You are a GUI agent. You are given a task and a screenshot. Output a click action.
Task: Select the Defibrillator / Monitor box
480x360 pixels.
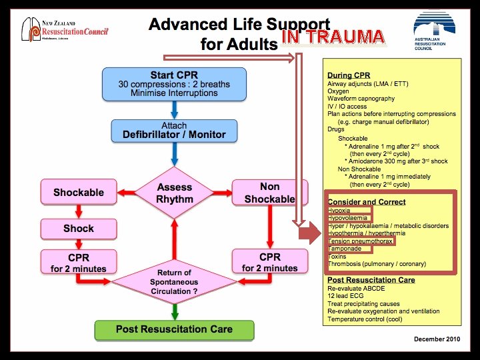tap(174, 130)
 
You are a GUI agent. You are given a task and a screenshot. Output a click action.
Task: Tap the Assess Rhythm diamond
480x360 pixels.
tap(174, 192)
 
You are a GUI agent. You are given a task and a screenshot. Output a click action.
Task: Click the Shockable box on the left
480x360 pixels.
tap(78, 192)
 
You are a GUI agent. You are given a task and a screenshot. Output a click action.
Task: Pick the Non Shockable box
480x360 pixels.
tap(269, 192)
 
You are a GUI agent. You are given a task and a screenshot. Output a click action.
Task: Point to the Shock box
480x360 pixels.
tap(78, 228)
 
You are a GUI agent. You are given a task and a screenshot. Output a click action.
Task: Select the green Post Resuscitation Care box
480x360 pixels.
tap(174, 329)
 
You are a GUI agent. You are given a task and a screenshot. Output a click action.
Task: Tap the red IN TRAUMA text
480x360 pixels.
tap(333, 37)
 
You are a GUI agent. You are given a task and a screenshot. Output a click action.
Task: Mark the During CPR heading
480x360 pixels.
tap(349, 76)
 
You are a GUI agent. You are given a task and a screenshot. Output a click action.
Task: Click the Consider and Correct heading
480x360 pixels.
tap(366, 202)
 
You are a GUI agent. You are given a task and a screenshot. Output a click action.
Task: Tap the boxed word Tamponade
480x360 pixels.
tap(345, 249)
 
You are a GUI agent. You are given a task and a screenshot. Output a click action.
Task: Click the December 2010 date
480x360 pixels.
tap(437, 339)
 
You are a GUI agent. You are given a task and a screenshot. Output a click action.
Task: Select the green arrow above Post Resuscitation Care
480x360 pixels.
tap(174, 310)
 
